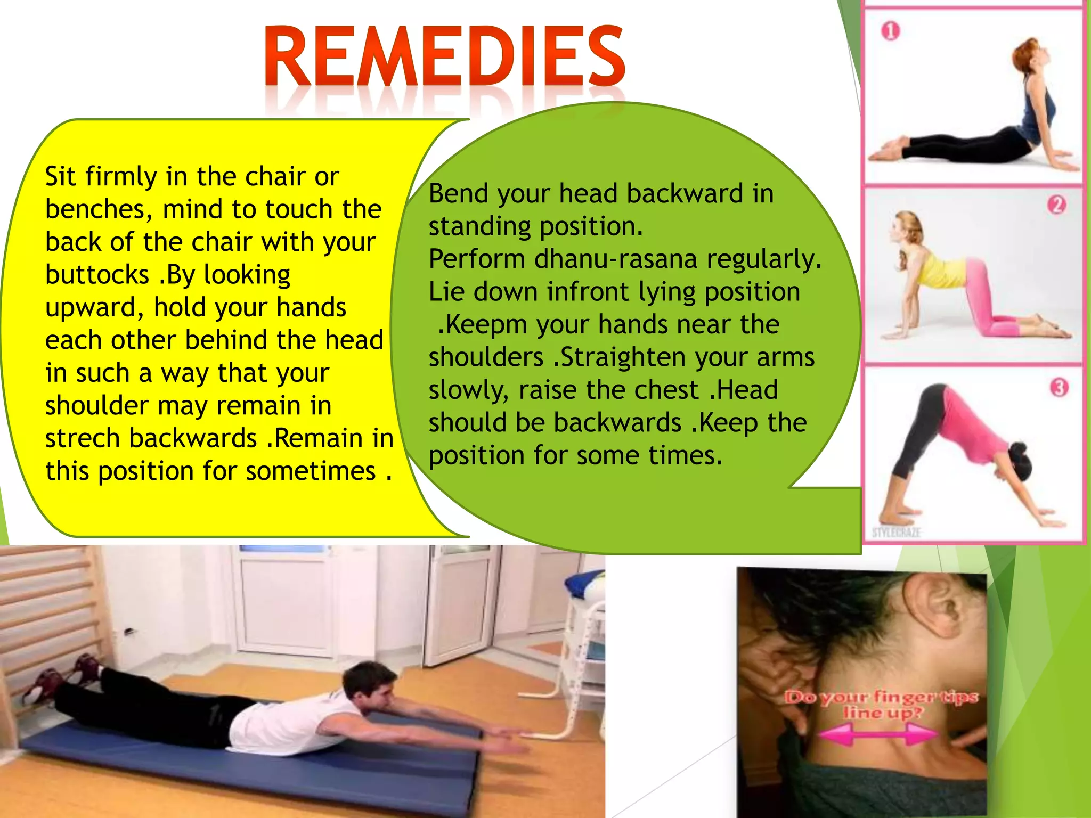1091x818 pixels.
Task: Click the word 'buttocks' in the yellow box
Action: (97, 275)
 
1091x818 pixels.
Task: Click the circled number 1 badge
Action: (890, 31)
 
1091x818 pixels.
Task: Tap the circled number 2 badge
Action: (1056, 205)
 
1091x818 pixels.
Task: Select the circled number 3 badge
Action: (1059, 387)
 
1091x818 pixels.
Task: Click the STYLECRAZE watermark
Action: (896, 531)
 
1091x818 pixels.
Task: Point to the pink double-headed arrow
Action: (878, 734)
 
